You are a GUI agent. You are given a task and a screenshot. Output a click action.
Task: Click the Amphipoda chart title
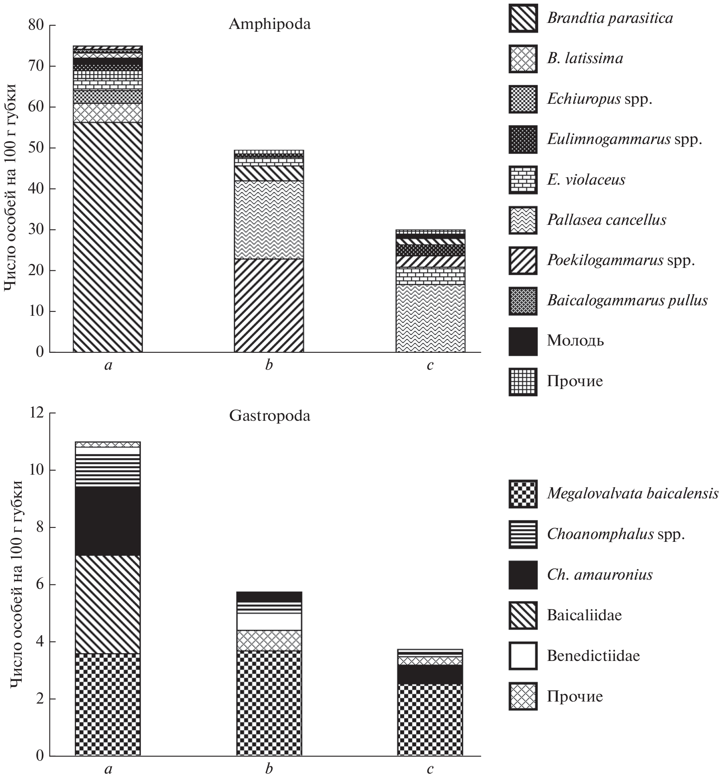click(269, 25)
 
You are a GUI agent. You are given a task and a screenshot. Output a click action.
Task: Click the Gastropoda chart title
click(269, 416)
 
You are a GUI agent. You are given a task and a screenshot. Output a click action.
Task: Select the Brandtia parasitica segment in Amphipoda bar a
click(107, 237)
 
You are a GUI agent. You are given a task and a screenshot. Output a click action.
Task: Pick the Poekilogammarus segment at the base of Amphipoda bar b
click(269, 305)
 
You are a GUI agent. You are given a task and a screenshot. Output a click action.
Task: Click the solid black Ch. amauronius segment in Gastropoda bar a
click(108, 521)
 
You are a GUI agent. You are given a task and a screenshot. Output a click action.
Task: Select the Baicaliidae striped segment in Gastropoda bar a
click(108, 604)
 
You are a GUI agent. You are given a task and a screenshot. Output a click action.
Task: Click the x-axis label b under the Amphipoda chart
click(269, 365)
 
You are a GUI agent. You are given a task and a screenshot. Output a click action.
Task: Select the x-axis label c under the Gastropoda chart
click(430, 769)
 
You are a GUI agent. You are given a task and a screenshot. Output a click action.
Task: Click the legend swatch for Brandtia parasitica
click(523, 18)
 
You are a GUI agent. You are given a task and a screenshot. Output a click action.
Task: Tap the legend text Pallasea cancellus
click(606, 220)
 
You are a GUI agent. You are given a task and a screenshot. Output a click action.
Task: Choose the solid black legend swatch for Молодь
click(523, 341)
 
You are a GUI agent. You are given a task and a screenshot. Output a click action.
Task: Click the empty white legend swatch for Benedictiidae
click(523, 656)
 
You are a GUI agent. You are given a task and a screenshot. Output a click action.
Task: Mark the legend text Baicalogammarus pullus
click(627, 300)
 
